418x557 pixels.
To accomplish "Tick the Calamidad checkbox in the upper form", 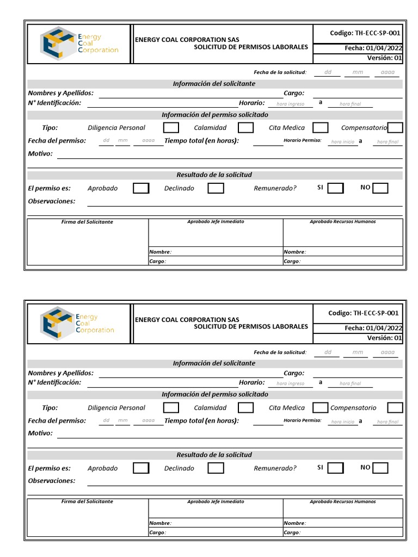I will (x=246, y=128).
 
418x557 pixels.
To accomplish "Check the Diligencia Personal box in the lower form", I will (x=171, y=407).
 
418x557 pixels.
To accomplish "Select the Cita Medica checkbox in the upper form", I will (x=321, y=128).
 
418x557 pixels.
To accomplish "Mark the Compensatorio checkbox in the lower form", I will (x=395, y=407).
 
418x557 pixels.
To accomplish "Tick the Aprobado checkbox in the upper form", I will (x=141, y=188).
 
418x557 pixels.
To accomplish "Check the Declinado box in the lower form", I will (x=216, y=468).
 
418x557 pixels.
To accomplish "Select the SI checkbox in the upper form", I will (x=336, y=188).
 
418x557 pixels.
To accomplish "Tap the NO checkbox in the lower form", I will (x=380, y=468).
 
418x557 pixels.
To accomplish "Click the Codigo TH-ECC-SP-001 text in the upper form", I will (x=365, y=33).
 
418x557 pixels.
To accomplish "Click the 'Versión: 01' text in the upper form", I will (x=384, y=58).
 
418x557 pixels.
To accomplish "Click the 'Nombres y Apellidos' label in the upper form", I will (x=60, y=93).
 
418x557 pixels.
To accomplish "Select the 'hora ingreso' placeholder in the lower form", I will (x=291, y=383).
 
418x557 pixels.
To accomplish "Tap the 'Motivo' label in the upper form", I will (x=40, y=154).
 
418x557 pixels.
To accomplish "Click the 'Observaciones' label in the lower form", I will (x=52, y=481).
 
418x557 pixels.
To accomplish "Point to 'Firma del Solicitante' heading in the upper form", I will (x=87, y=222).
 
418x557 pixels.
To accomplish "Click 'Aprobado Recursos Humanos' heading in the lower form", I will (x=342, y=502).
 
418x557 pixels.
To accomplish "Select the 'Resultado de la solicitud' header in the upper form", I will (x=214, y=175).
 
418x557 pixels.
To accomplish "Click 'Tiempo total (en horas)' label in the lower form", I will (x=201, y=420).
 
